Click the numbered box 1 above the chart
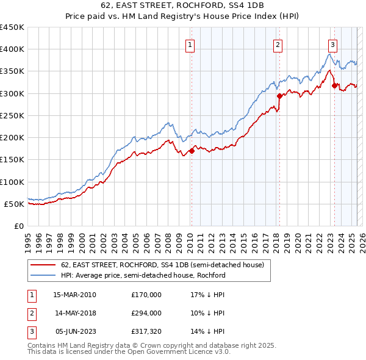(190, 44)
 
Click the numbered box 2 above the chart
(278, 44)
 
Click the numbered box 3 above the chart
(333, 44)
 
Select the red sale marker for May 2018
(279, 96)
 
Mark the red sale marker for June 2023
(334, 85)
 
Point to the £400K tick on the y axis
(12, 49)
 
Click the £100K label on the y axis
(12, 182)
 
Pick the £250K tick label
(12, 115)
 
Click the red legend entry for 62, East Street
(162, 265)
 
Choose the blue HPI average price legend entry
(143, 275)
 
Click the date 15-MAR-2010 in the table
(74, 295)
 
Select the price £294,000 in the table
(146, 313)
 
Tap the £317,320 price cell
(146, 331)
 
